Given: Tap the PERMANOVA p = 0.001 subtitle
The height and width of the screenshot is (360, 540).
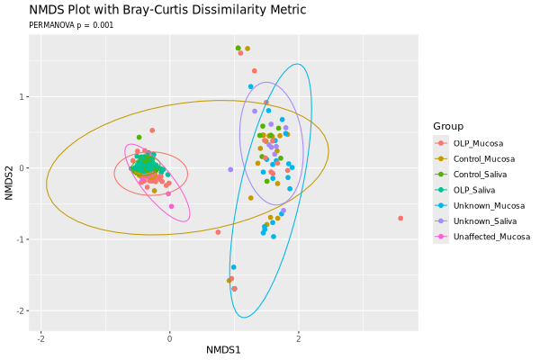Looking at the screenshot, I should click(x=71, y=25).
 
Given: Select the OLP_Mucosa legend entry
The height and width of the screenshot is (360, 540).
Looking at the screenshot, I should click(x=478, y=143).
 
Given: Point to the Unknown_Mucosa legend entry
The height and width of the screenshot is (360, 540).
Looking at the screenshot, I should click(x=486, y=205).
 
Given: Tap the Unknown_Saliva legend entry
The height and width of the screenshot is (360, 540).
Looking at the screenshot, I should click(x=484, y=220).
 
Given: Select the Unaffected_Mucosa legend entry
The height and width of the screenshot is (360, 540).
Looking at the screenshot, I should click(x=490, y=237).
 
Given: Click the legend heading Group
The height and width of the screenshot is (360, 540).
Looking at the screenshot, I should click(x=447, y=125).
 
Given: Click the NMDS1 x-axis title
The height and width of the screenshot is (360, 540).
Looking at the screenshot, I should click(x=223, y=349).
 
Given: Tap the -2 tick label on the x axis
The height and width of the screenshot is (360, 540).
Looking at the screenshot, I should click(x=40, y=339).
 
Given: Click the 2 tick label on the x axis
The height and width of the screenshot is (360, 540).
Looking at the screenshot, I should click(x=299, y=339).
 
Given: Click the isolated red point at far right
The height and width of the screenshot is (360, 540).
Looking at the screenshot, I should click(x=400, y=218).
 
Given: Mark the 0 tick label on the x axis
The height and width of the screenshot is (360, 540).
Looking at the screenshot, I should click(x=169, y=339).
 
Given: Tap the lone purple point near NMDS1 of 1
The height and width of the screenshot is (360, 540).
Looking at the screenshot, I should click(x=230, y=169).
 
